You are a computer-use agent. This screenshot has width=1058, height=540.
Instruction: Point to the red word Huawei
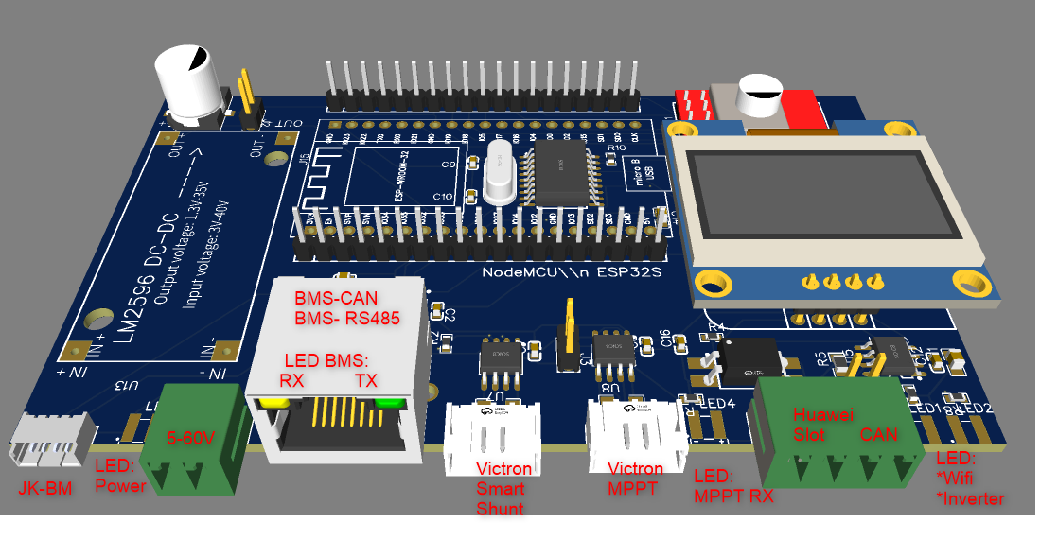(823, 414)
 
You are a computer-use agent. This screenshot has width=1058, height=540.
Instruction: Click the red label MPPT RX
(733, 496)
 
